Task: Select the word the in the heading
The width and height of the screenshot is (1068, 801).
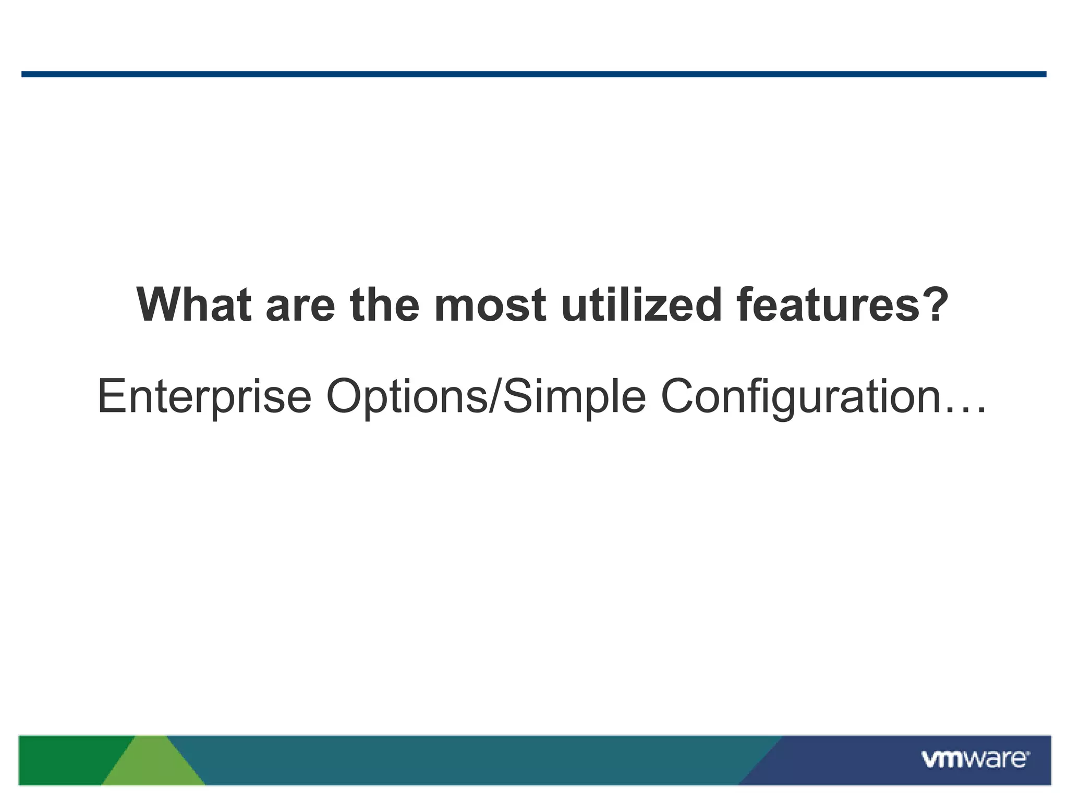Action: click(x=385, y=305)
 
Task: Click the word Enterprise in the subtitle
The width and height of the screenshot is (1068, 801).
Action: click(x=204, y=397)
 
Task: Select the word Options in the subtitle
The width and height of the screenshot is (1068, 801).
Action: click(x=407, y=397)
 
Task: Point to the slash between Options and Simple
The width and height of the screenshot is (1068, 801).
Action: click(x=496, y=397)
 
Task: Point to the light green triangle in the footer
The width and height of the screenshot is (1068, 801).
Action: click(x=153, y=767)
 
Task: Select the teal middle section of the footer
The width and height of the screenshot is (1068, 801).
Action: click(x=469, y=759)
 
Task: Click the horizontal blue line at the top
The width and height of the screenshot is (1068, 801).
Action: click(x=534, y=74)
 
